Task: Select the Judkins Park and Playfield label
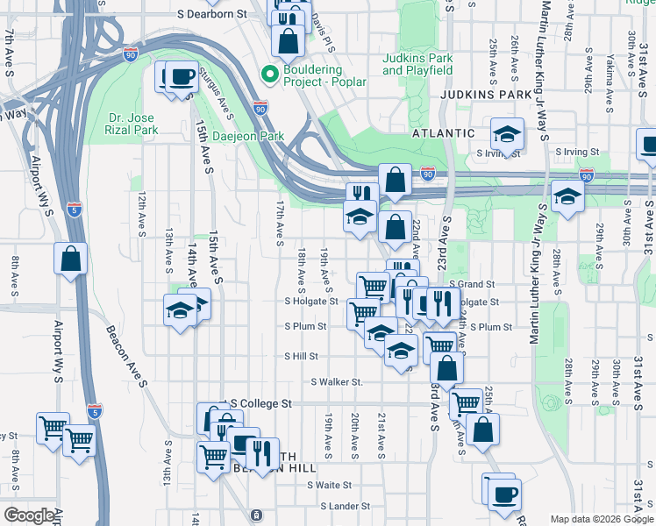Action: coord(417,64)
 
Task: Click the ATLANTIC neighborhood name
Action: coord(444,133)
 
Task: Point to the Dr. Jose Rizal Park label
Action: coord(132,124)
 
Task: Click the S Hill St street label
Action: coord(301,356)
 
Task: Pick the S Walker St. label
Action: coord(337,382)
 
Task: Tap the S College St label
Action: coord(260,404)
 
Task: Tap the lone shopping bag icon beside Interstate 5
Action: coord(70,259)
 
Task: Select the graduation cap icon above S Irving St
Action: coord(507,133)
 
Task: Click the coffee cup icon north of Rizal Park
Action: coord(181,77)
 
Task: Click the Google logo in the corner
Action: coord(29,515)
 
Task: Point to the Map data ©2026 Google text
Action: coord(601,519)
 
